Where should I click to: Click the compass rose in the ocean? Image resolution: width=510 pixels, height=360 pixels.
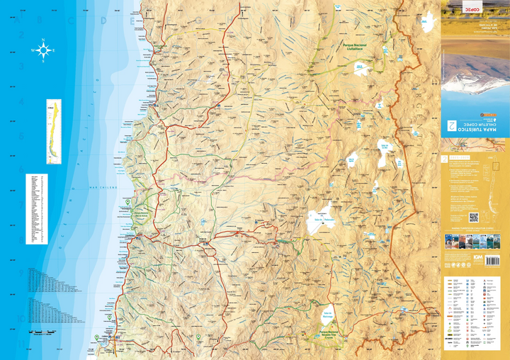43,50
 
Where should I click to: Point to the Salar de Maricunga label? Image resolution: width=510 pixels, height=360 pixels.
327,314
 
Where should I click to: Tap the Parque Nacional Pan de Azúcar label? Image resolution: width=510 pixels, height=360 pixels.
140,213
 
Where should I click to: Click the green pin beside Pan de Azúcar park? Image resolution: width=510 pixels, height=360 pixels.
128,203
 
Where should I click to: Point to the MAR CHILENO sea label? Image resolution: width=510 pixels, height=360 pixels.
103,187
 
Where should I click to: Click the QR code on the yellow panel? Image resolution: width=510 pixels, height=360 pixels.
474,217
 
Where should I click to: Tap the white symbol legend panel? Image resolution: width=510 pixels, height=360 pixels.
474,312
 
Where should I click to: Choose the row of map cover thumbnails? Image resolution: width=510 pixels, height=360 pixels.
473,242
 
